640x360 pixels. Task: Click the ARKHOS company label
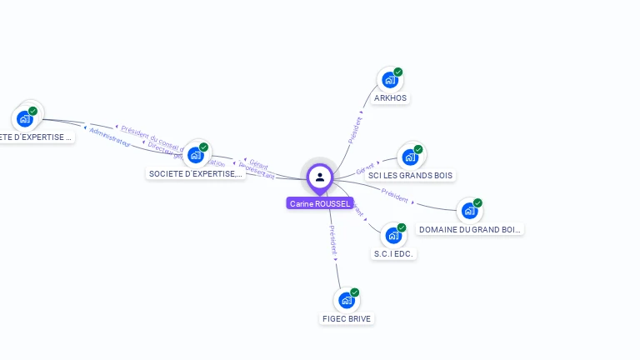tap(391, 98)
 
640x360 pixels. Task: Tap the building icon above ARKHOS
tap(389, 81)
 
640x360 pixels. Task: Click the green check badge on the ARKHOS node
tap(398, 72)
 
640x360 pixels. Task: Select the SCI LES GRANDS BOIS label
tap(410, 176)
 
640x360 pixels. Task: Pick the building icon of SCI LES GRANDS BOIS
tap(409, 157)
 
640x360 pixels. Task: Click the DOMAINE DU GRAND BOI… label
tap(470, 229)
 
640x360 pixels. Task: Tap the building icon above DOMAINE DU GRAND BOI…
tap(469, 211)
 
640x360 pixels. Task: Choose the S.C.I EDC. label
tap(393, 253)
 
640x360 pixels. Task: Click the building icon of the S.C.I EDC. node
tap(392, 236)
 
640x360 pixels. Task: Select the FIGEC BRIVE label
tap(347, 318)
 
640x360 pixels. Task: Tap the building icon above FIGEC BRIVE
tap(346, 301)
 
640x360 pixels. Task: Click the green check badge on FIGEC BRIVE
tap(355, 292)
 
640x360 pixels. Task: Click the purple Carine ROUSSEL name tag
tap(320, 203)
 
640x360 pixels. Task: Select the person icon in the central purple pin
tap(320, 177)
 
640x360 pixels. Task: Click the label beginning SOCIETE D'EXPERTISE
tap(196, 173)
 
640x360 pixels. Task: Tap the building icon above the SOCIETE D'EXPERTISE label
tap(195, 155)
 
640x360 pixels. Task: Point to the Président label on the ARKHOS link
tap(354, 129)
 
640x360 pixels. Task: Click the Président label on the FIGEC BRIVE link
tap(333, 239)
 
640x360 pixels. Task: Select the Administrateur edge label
tap(110, 138)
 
